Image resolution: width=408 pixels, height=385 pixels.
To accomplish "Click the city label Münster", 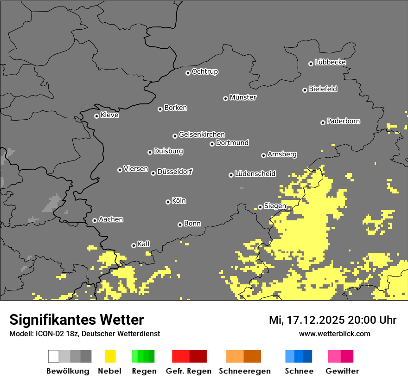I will [x=243, y=97].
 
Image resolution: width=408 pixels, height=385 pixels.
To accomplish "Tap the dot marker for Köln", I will [x=168, y=202].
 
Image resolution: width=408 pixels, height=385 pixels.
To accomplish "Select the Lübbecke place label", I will [x=330, y=62].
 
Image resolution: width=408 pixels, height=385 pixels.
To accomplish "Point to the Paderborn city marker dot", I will [x=323, y=122].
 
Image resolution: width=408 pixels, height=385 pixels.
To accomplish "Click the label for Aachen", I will [x=111, y=219].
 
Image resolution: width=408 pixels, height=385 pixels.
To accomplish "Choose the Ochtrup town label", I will [x=205, y=72].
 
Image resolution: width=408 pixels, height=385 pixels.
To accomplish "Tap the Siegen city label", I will [x=275, y=206].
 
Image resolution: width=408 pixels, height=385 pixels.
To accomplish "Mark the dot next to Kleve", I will [x=96, y=116].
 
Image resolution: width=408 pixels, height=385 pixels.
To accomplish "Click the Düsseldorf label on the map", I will [x=175, y=172].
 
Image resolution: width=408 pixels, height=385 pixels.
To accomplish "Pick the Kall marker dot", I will [x=134, y=245].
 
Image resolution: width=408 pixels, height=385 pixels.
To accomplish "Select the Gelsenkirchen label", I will [x=202, y=135].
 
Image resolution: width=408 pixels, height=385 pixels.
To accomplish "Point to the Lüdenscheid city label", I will [x=255, y=174].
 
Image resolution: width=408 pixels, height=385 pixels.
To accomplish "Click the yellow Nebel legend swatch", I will [x=109, y=356].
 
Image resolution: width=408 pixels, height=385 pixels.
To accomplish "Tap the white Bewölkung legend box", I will [x=54, y=356].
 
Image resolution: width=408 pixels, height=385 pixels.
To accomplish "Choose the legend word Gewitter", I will [x=342, y=371].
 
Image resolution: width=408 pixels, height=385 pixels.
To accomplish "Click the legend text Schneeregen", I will [x=244, y=371].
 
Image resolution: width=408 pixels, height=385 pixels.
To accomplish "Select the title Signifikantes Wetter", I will [x=76, y=320].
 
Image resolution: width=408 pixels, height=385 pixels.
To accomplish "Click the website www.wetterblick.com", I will [x=334, y=334].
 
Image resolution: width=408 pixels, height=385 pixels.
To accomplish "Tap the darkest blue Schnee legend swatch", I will [x=308, y=356].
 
